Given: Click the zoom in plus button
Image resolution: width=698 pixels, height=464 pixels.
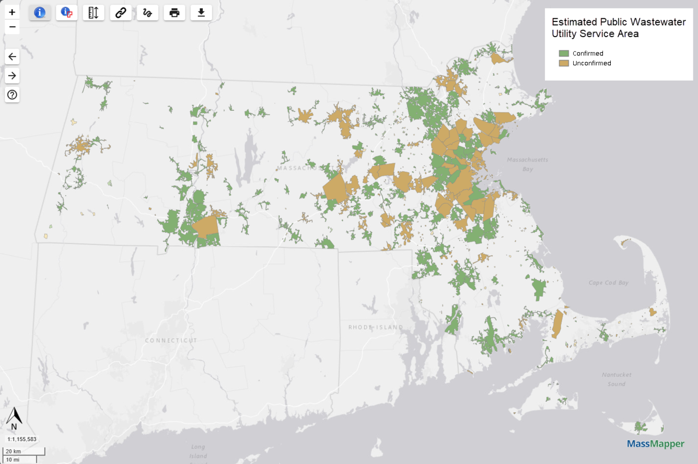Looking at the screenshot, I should [12, 12].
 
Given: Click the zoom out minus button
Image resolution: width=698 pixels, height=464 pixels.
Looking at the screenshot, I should [12, 27].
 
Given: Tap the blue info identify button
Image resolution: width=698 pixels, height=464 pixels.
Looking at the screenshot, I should [40, 13].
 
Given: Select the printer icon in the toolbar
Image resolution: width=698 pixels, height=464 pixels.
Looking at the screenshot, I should [174, 13].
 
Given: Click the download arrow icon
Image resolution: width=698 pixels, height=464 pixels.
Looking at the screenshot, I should [201, 13].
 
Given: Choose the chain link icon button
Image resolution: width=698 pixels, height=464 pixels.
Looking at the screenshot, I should [121, 13].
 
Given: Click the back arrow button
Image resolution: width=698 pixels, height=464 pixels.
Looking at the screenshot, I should [12, 56].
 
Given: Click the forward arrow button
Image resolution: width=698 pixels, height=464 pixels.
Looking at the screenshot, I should [12, 76].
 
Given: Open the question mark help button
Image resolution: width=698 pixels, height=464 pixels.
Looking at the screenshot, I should [12, 95].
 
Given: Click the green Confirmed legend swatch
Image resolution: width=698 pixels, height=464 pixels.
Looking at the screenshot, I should [564, 53].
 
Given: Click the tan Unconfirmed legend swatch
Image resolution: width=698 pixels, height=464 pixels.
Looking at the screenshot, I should [564, 63].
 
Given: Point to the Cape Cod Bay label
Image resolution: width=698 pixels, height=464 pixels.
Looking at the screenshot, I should [609, 283].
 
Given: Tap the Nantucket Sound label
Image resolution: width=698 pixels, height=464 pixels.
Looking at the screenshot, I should [616, 379].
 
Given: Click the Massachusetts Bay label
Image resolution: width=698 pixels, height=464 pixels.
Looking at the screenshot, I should [528, 164].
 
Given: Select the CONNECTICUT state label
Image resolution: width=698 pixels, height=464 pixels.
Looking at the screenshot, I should [171, 341].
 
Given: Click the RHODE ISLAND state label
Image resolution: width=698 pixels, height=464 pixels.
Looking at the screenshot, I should [376, 327].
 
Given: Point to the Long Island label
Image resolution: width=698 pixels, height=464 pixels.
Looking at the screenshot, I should [198, 451].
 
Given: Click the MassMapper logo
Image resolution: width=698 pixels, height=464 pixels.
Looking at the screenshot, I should [655, 444].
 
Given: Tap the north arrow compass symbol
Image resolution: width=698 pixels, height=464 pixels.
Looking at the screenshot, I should [14, 418].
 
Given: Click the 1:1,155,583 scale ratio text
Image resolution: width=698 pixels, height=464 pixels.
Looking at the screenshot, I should [22, 439].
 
